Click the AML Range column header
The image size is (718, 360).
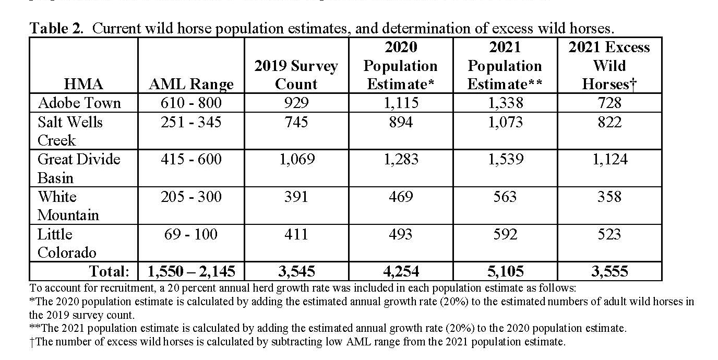coord(191,85)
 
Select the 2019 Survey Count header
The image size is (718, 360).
coord(296,75)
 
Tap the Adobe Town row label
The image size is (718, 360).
coord(79,103)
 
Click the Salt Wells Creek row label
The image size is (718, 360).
coord(70,131)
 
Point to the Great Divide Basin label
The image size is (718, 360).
coord(78,169)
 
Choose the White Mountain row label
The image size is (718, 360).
coord(68,206)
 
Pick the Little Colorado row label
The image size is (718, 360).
coord(67,243)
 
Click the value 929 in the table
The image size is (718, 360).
coord(296,103)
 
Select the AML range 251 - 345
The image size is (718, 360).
coord(191,122)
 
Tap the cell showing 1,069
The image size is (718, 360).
coord(297,159)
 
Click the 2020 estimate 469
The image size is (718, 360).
coord(401,197)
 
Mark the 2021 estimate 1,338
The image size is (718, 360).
coord(506,103)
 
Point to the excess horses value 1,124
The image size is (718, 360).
coord(609,159)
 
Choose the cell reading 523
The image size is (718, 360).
coord(609,234)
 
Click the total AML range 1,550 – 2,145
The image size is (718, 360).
coord(191,271)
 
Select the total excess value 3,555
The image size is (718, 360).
coord(609,271)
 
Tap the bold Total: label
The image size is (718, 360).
coord(109,271)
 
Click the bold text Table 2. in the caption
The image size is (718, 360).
coord(56,29)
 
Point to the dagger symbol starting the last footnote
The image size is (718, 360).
coord(32,342)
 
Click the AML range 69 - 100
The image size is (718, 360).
coord(191,234)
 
